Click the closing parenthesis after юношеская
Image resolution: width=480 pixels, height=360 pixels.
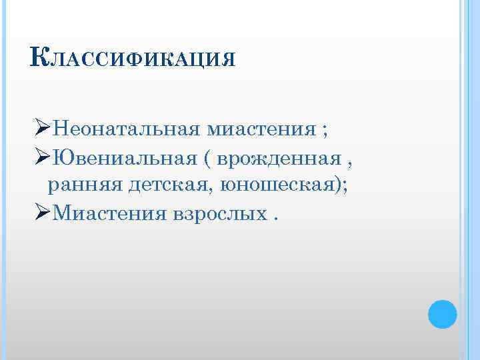pos(340,186)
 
